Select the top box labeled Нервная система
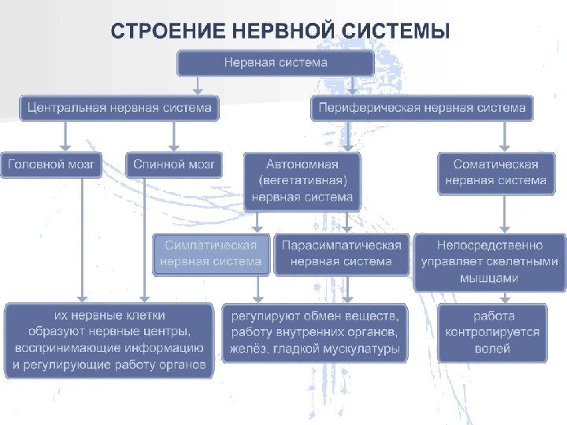(276, 62)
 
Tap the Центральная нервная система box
(120, 108)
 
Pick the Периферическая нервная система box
(422, 108)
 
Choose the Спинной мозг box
(174, 164)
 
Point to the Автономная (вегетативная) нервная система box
(302, 181)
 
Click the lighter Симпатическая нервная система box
(211, 253)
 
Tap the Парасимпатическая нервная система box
(341, 253)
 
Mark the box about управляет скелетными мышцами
(489, 262)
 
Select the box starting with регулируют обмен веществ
(315, 332)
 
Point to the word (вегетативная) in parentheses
(302, 181)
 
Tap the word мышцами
(489, 278)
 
